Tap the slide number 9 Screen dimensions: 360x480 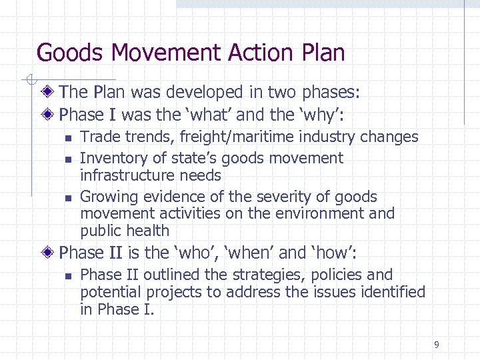pos(436,345)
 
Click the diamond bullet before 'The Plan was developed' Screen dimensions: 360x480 pos(49,91)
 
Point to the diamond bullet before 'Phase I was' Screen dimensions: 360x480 pos(49,115)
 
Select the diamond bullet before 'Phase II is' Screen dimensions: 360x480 pos(49,253)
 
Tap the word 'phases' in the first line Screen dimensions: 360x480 pos(328,91)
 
